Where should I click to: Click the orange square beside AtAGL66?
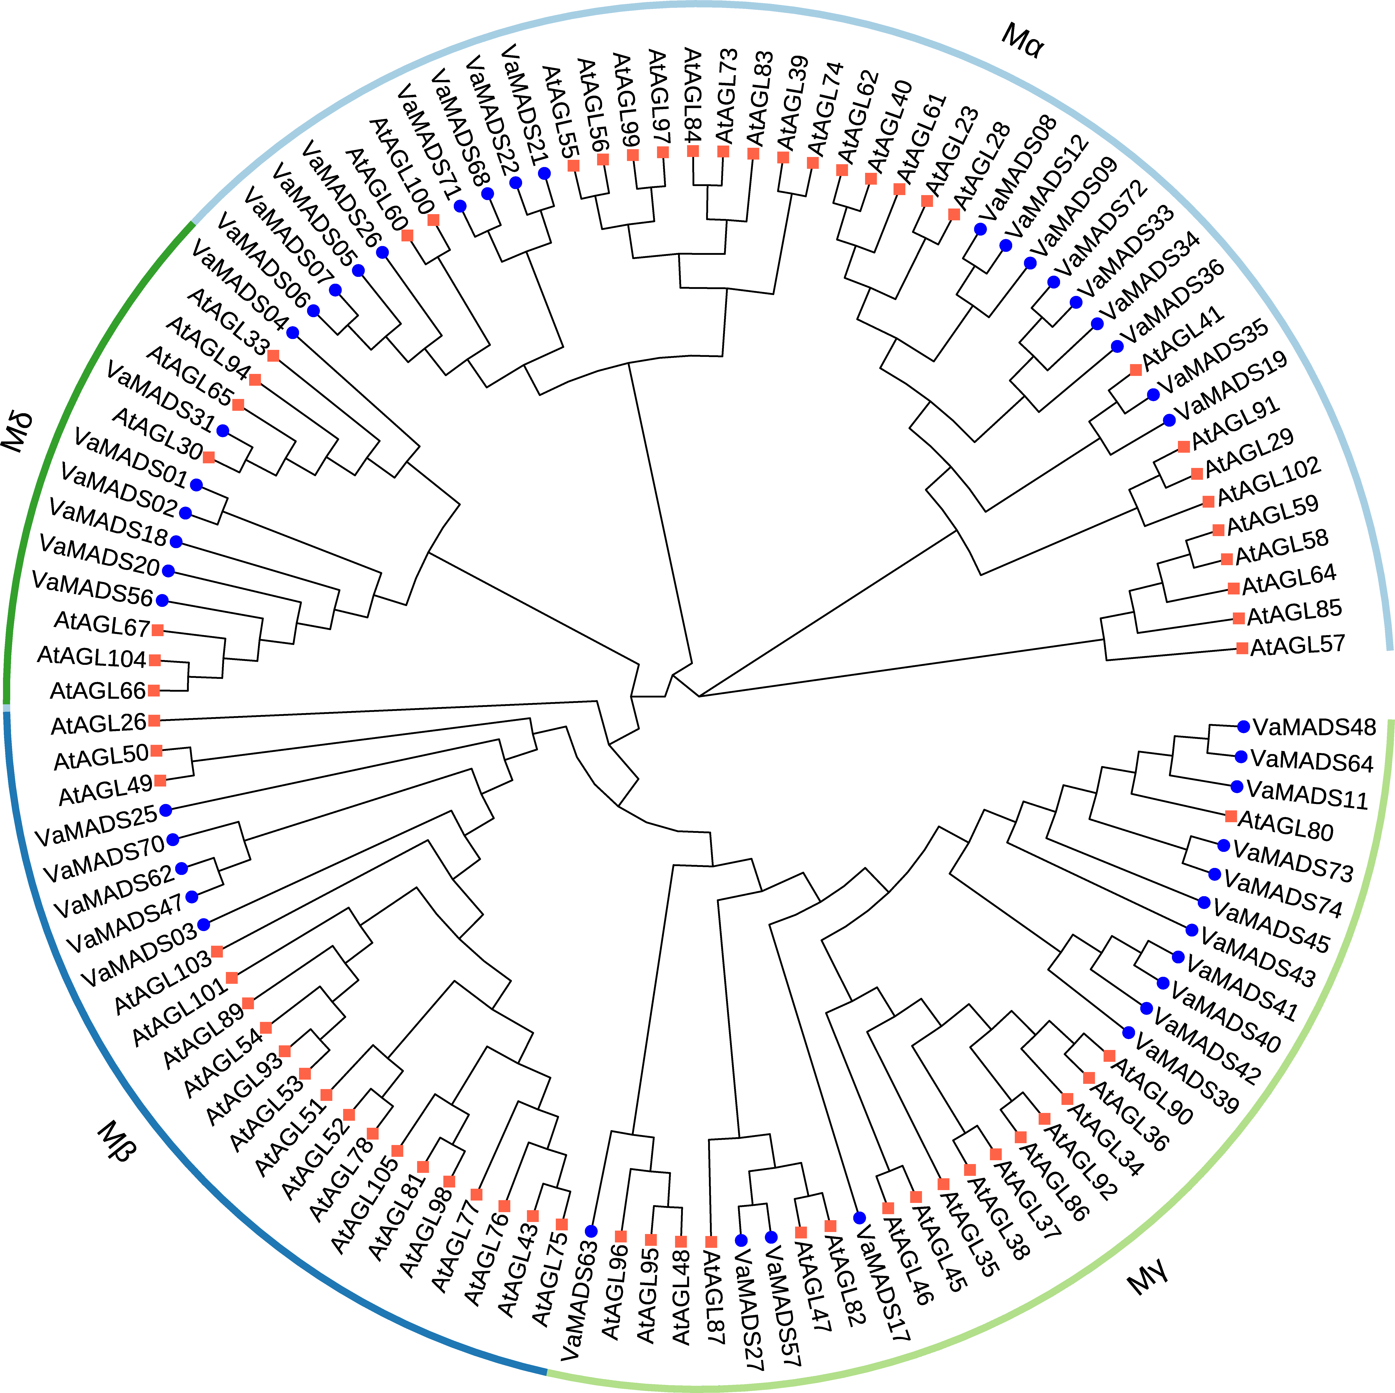coord(154,690)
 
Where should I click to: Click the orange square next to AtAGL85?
coord(1238,618)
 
